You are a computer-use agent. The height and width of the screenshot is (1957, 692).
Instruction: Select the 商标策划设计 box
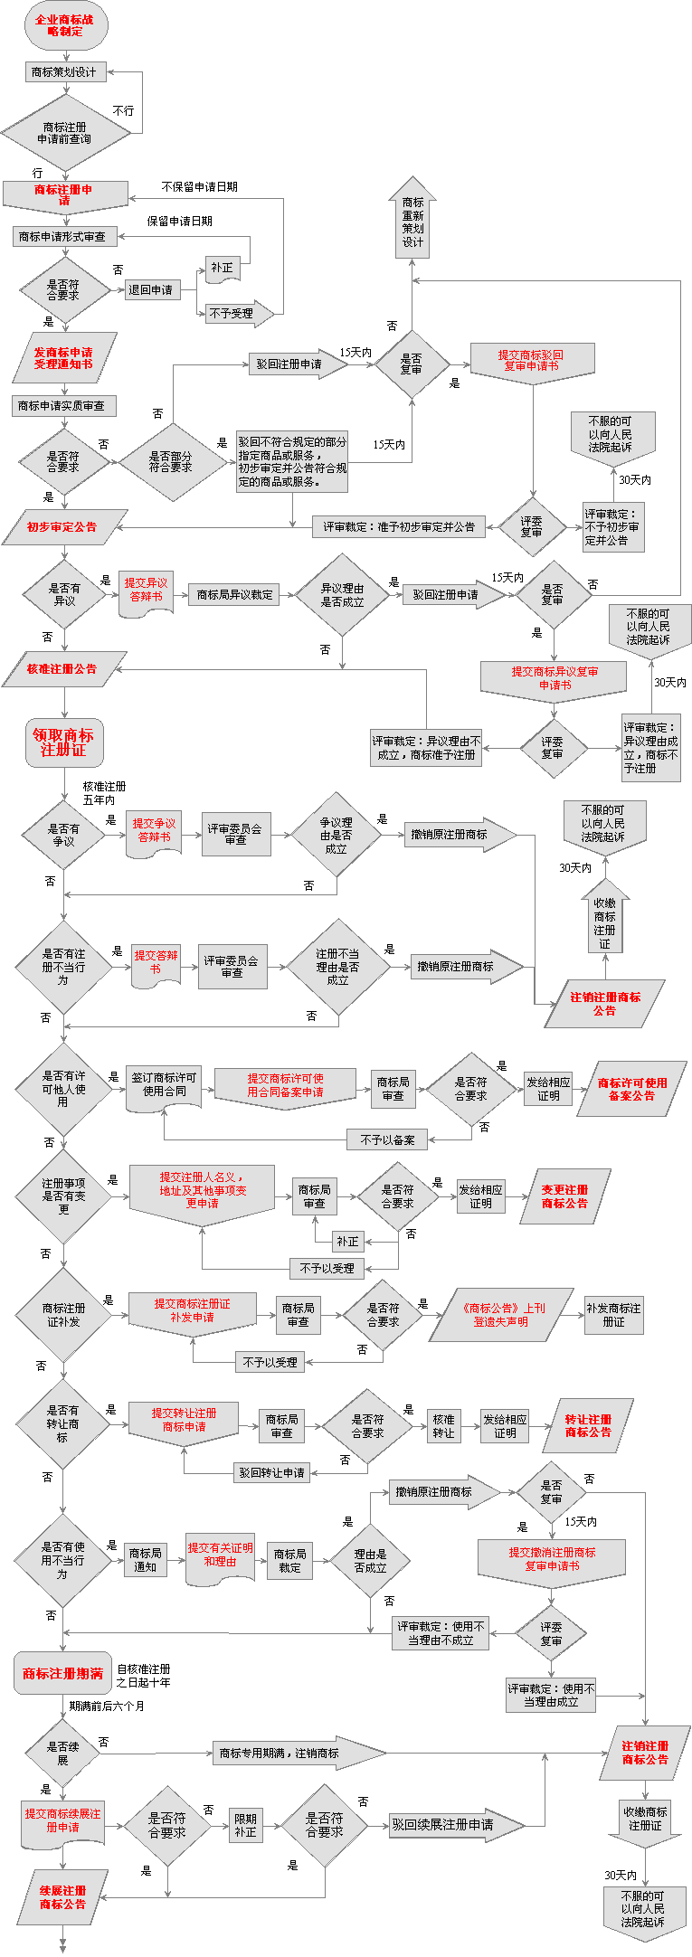pyautogui.click(x=64, y=72)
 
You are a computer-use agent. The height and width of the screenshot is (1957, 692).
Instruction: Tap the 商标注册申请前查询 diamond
pyautogui.click(x=64, y=133)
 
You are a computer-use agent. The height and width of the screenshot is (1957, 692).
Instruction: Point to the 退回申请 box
pyautogui.click(x=151, y=289)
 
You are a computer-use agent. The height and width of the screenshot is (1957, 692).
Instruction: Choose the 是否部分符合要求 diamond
pyautogui.click(x=170, y=462)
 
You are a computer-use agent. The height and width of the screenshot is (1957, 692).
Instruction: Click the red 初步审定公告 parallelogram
pyautogui.click(x=62, y=527)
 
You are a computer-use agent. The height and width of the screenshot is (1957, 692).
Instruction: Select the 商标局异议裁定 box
pyautogui.click(x=234, y=594)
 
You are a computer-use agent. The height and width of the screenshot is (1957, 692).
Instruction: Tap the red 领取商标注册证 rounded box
pyautogui.click(x=63, y=742)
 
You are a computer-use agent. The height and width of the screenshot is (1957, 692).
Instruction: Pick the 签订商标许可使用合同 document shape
pyautogui.click(x=164, y=1085)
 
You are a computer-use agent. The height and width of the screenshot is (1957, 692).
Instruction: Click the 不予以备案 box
pyautogui.click(x=387, y=1139)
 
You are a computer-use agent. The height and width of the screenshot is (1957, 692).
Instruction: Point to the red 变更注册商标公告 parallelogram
pyautogui.click(x=565, y=1196)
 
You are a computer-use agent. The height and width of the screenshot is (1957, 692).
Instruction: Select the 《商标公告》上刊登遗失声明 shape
pyautogui.click(x=500, y=1315)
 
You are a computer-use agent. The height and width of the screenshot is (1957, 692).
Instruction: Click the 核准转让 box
pyautogui.click(x=443, y=1426)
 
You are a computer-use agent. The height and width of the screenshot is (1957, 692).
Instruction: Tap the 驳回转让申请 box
pyautogui.click(x=272, y=1472)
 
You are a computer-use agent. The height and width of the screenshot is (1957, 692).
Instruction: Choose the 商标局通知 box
pyautogui.click(x=145, y=1560)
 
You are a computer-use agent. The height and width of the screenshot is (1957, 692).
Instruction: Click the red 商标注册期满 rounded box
pyautogui.click(x=62, y=1673)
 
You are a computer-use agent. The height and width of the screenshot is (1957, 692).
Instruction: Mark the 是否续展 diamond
pyautogui.click(x=62, y=1754)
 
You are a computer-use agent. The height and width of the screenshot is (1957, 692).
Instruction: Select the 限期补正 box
pyautogui.click(x=245, y=1826)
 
